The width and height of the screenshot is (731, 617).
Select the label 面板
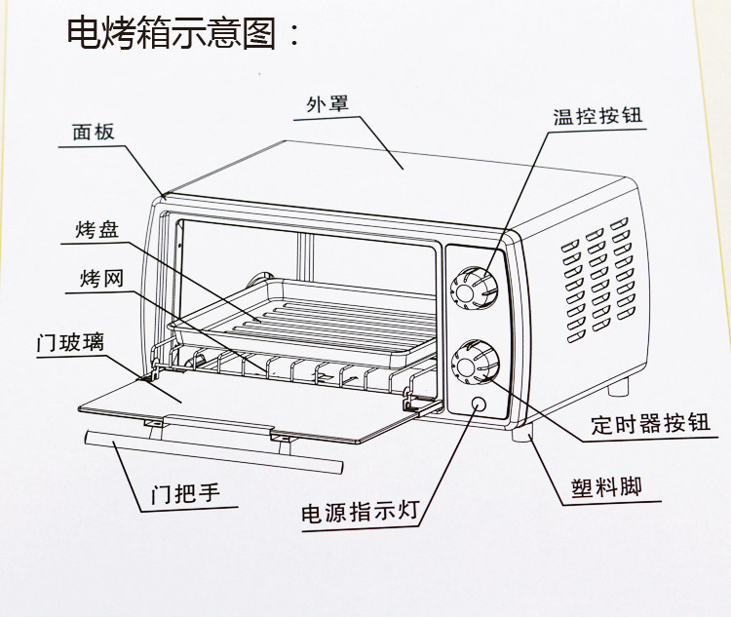(x=94, y=133)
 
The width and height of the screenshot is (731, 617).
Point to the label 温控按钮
(x=598, y=117)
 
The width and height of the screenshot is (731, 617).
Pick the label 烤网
(x=101, y=280)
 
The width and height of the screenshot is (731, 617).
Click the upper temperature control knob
(x=477, y=288)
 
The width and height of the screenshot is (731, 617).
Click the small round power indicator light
(x=479, y=405)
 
